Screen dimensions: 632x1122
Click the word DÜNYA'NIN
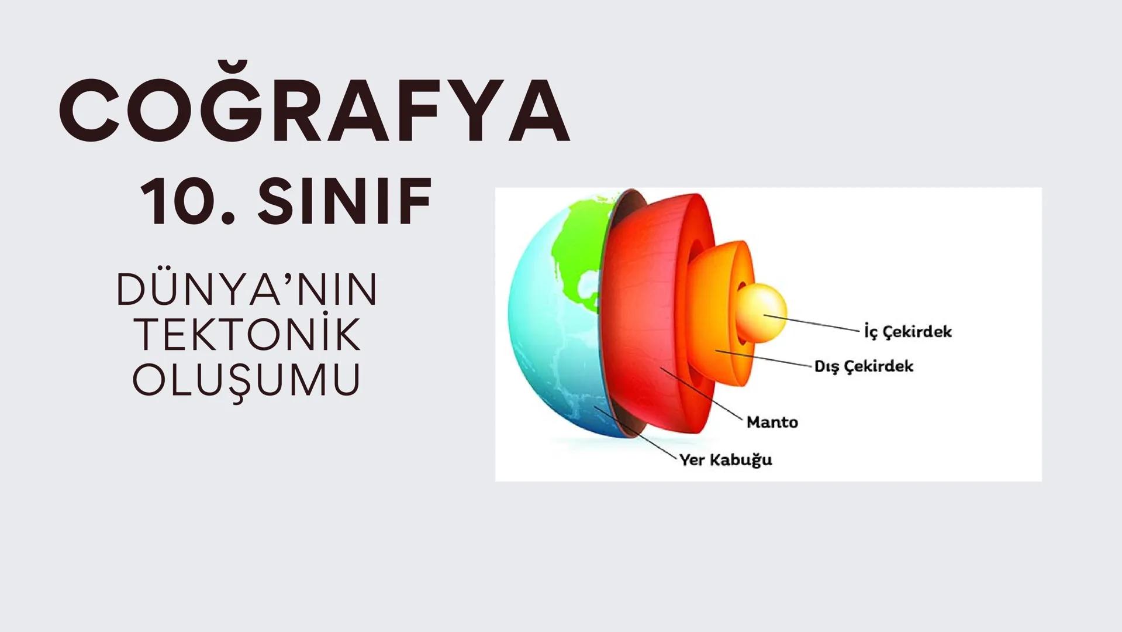click(x=247, y=290)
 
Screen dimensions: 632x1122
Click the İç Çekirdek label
click(x=907, y=332)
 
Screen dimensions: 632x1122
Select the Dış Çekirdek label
click(x=864, y=366)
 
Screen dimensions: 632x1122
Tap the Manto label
click(x=772, y=422)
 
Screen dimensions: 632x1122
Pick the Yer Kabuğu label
click(x=726, y=460)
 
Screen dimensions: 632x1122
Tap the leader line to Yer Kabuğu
click(x=637, y=433)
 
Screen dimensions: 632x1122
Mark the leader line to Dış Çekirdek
click(x=766, y=358)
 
